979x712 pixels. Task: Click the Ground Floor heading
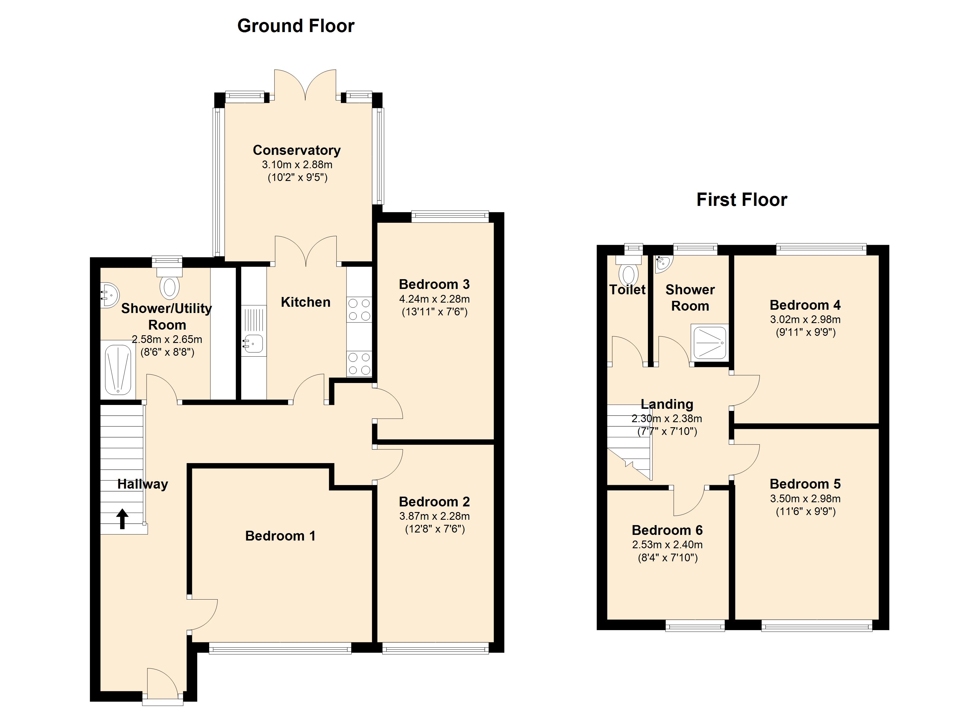click(x=296, y=26)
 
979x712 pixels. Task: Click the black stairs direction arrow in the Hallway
click(x=122, y=519)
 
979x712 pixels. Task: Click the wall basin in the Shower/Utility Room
click(x=108, y=295)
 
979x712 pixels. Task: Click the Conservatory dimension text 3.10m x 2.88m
click(x=297, y=165)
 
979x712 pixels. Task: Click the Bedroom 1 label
click(x=280, y=536)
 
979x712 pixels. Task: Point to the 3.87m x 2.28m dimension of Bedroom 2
click(x=434, y=516)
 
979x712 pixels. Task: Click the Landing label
click(x=667, y=404)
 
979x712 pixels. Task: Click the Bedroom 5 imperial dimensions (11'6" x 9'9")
click(x=805, y=512)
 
